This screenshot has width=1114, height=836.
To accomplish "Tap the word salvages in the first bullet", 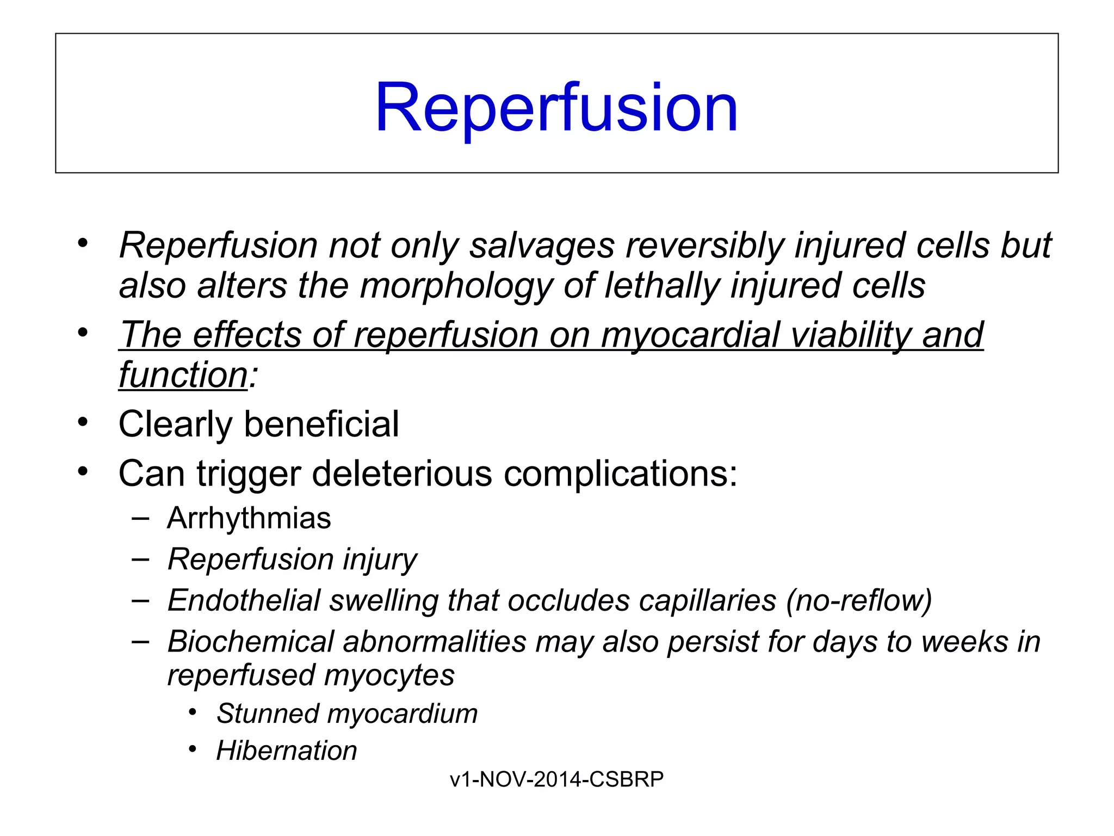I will tap(542, 245).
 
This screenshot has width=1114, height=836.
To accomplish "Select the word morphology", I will tap(456, 286).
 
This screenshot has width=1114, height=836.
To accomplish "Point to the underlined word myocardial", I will tap(690, 335).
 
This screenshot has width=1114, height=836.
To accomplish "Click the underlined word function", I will tap(183, 375).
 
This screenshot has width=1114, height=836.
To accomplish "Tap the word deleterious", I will tap(402, 474).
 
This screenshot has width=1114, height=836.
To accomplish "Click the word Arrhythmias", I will tap(249, 518).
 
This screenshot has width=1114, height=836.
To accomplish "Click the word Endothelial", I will tap(244, 600).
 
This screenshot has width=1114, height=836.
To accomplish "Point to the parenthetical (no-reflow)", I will tap(859, 600).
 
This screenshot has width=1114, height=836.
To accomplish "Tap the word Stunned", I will tap(267, 714).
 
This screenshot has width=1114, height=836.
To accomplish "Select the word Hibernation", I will tap(287, 751).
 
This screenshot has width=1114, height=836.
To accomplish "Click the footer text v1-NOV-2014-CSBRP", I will tap(556, 779).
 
